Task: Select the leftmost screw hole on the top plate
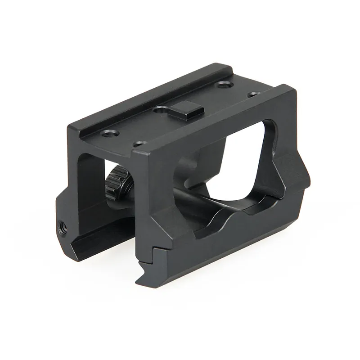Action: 109,133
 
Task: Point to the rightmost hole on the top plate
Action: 254,94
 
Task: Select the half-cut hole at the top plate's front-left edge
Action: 139,144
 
